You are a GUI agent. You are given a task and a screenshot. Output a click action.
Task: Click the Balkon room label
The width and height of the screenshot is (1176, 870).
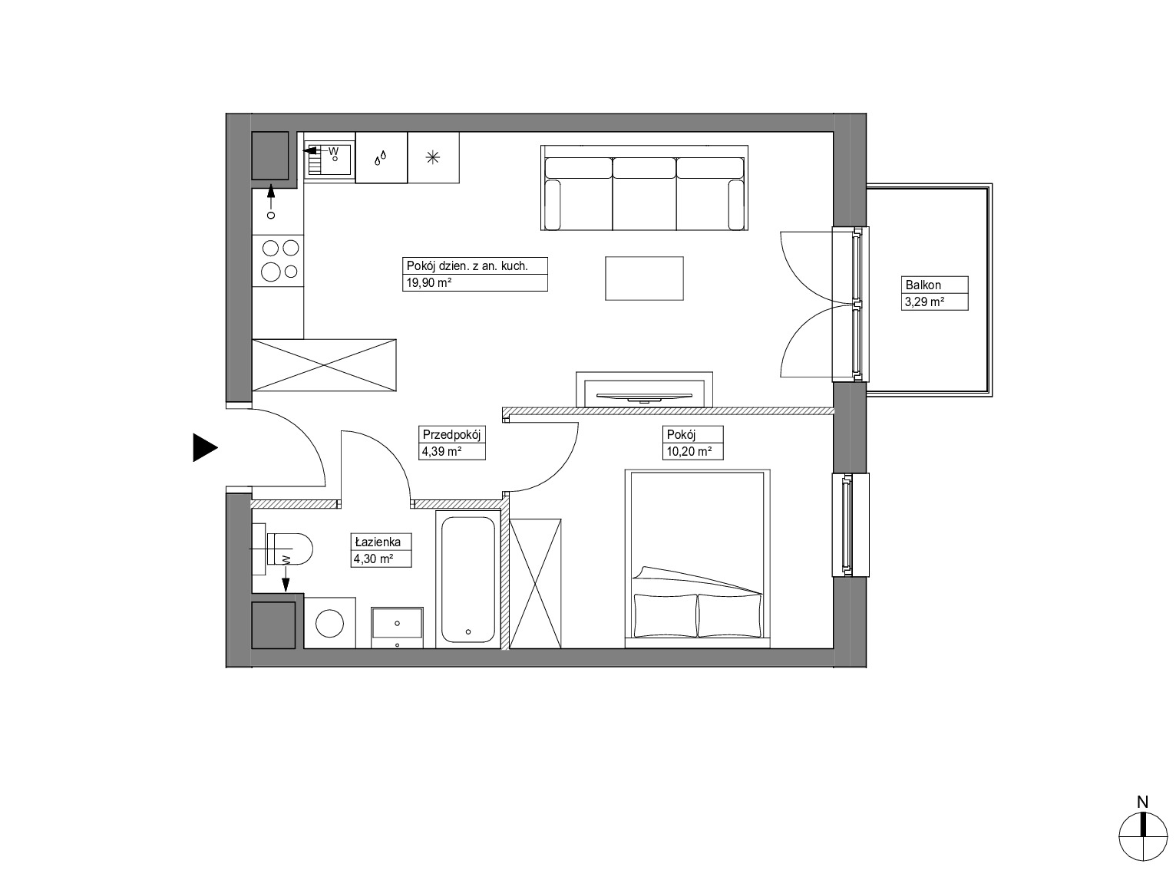point(923,285)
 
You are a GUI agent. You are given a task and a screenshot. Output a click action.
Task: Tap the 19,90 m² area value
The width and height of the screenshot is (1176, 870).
point(429,282)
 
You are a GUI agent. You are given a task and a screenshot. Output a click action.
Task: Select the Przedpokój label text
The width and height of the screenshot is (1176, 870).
point(451,435)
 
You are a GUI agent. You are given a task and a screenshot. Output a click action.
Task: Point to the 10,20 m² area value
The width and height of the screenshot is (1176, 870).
point(689,452)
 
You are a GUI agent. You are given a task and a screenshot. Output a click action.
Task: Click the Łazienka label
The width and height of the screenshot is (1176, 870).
point(378,542)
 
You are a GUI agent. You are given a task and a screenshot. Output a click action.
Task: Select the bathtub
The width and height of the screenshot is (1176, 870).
point(468,579)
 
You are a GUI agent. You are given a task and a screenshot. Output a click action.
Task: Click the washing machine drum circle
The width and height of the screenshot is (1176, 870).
point(329,623)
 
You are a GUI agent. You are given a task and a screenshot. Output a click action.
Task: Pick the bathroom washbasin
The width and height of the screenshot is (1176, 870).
point(397,628)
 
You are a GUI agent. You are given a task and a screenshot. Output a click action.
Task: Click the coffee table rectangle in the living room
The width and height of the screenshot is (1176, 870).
point(644,278)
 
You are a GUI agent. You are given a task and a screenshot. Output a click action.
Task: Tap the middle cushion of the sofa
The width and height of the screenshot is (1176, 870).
point(644,167)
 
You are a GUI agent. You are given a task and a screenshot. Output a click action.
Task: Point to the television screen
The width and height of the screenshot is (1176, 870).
point(644,396)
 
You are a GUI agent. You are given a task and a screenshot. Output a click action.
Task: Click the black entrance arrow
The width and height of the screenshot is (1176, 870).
point(205,447)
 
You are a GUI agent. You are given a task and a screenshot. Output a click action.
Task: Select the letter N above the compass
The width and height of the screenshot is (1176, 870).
point(1142,802)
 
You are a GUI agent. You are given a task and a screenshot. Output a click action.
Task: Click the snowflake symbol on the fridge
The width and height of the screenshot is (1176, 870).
point(433,157)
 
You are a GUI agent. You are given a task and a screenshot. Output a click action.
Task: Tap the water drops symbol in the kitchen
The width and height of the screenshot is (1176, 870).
point(380,158)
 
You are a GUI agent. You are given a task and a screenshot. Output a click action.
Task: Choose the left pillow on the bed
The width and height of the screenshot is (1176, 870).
point(666,615)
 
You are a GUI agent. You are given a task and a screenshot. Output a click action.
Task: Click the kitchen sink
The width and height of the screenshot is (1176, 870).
point(329,157)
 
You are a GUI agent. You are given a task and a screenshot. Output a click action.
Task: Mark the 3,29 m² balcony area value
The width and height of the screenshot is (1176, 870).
point(924,302)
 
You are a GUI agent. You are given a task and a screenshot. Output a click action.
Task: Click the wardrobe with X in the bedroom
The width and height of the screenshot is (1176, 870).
point(536,583)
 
